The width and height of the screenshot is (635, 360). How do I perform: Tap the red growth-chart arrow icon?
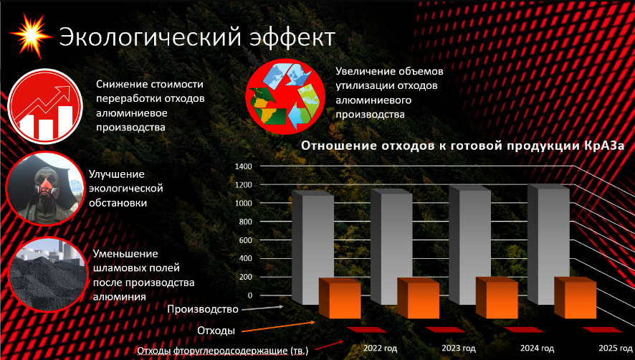[x=45, y=106]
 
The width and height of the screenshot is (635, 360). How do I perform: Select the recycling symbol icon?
[x=285, y=97]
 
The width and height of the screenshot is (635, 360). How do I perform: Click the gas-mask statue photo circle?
[x=45, y=189]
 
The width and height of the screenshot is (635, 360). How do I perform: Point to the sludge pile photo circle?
[x=48, y=275]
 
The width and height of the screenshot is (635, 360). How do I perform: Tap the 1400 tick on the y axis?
[x=244, y=166]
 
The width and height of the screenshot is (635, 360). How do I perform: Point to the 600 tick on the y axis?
[x=245, y=240]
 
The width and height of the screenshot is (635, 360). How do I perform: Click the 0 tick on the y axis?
[x=249, y=295]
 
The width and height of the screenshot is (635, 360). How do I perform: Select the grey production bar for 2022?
[x=312, y=247]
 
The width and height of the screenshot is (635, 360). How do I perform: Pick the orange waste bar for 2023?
[x=419, y=298]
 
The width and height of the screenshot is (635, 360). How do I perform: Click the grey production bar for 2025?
[x=549, y=244]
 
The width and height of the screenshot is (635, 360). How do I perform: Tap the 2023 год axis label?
[x=459, y=348]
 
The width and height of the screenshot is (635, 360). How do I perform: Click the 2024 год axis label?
[x=537, y=348]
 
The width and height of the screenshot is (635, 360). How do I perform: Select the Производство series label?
[x=203, y=309]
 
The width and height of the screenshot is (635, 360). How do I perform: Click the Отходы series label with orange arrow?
[x=216, y=331]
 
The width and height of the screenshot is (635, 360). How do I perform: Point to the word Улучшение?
[x=117, y=174]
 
